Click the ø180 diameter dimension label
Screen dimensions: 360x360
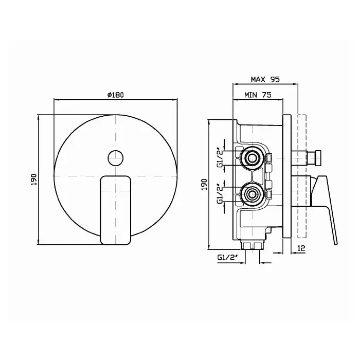click(x=116, y=95)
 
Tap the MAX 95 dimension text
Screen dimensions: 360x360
click(x=265, y=79)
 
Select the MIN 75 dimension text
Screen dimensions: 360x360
click(x=258, y=95)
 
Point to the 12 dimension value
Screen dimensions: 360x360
click(x=301, y=248)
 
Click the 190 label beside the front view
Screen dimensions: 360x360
click(x=34, y=180)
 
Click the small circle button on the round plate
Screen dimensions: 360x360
click(x=116, y=158)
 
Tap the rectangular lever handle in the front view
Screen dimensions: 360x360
click(x=116, y=210)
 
